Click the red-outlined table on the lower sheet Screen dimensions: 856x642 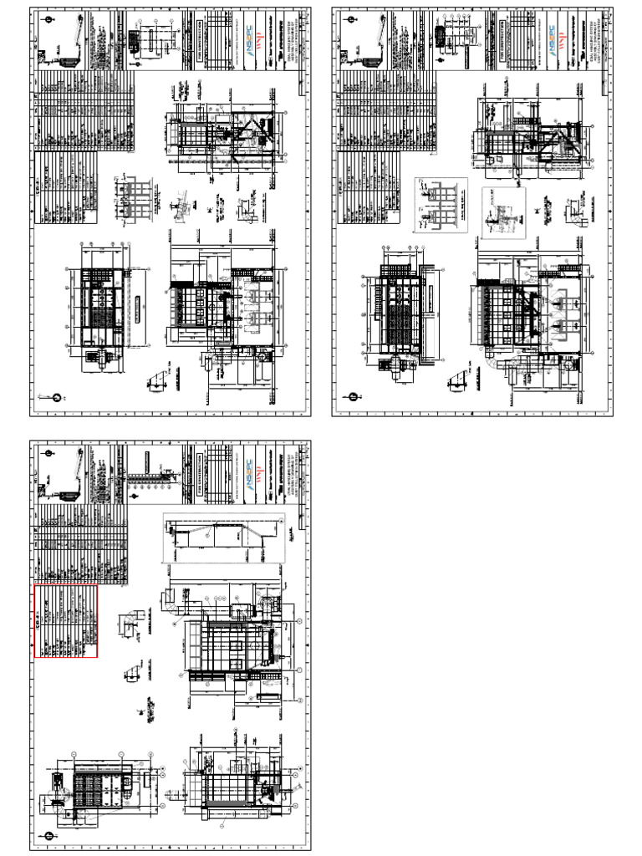(x=66, y=622)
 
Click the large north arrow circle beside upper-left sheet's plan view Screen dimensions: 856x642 (x=57, y=398)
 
